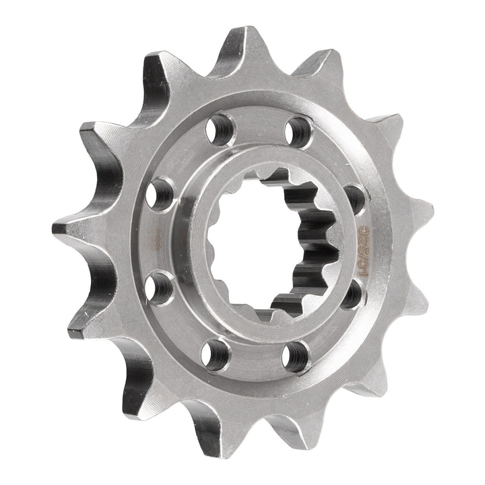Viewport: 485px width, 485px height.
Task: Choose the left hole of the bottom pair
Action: [215, 349]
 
